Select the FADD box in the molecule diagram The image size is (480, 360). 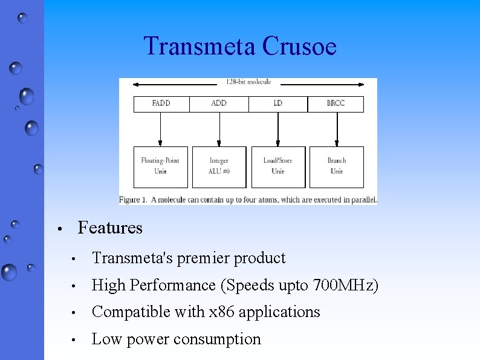point(161,103)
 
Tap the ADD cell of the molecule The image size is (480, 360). point(219,103)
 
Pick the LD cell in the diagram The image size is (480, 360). point(278,103)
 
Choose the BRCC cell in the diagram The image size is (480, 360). point(336,103)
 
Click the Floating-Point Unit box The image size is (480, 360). point(160,166)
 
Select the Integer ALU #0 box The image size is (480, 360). point(219,166)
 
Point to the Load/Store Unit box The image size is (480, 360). point(278,166)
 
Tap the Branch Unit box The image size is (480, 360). point(337,166)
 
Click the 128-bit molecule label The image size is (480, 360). point(248,82)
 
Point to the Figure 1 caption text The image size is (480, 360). point(248,200)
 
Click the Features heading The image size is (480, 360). point(110,228)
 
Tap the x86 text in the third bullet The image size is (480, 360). point(222,312)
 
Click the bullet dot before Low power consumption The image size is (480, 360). point(73,340)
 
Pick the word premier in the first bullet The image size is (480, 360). point(201,258)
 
